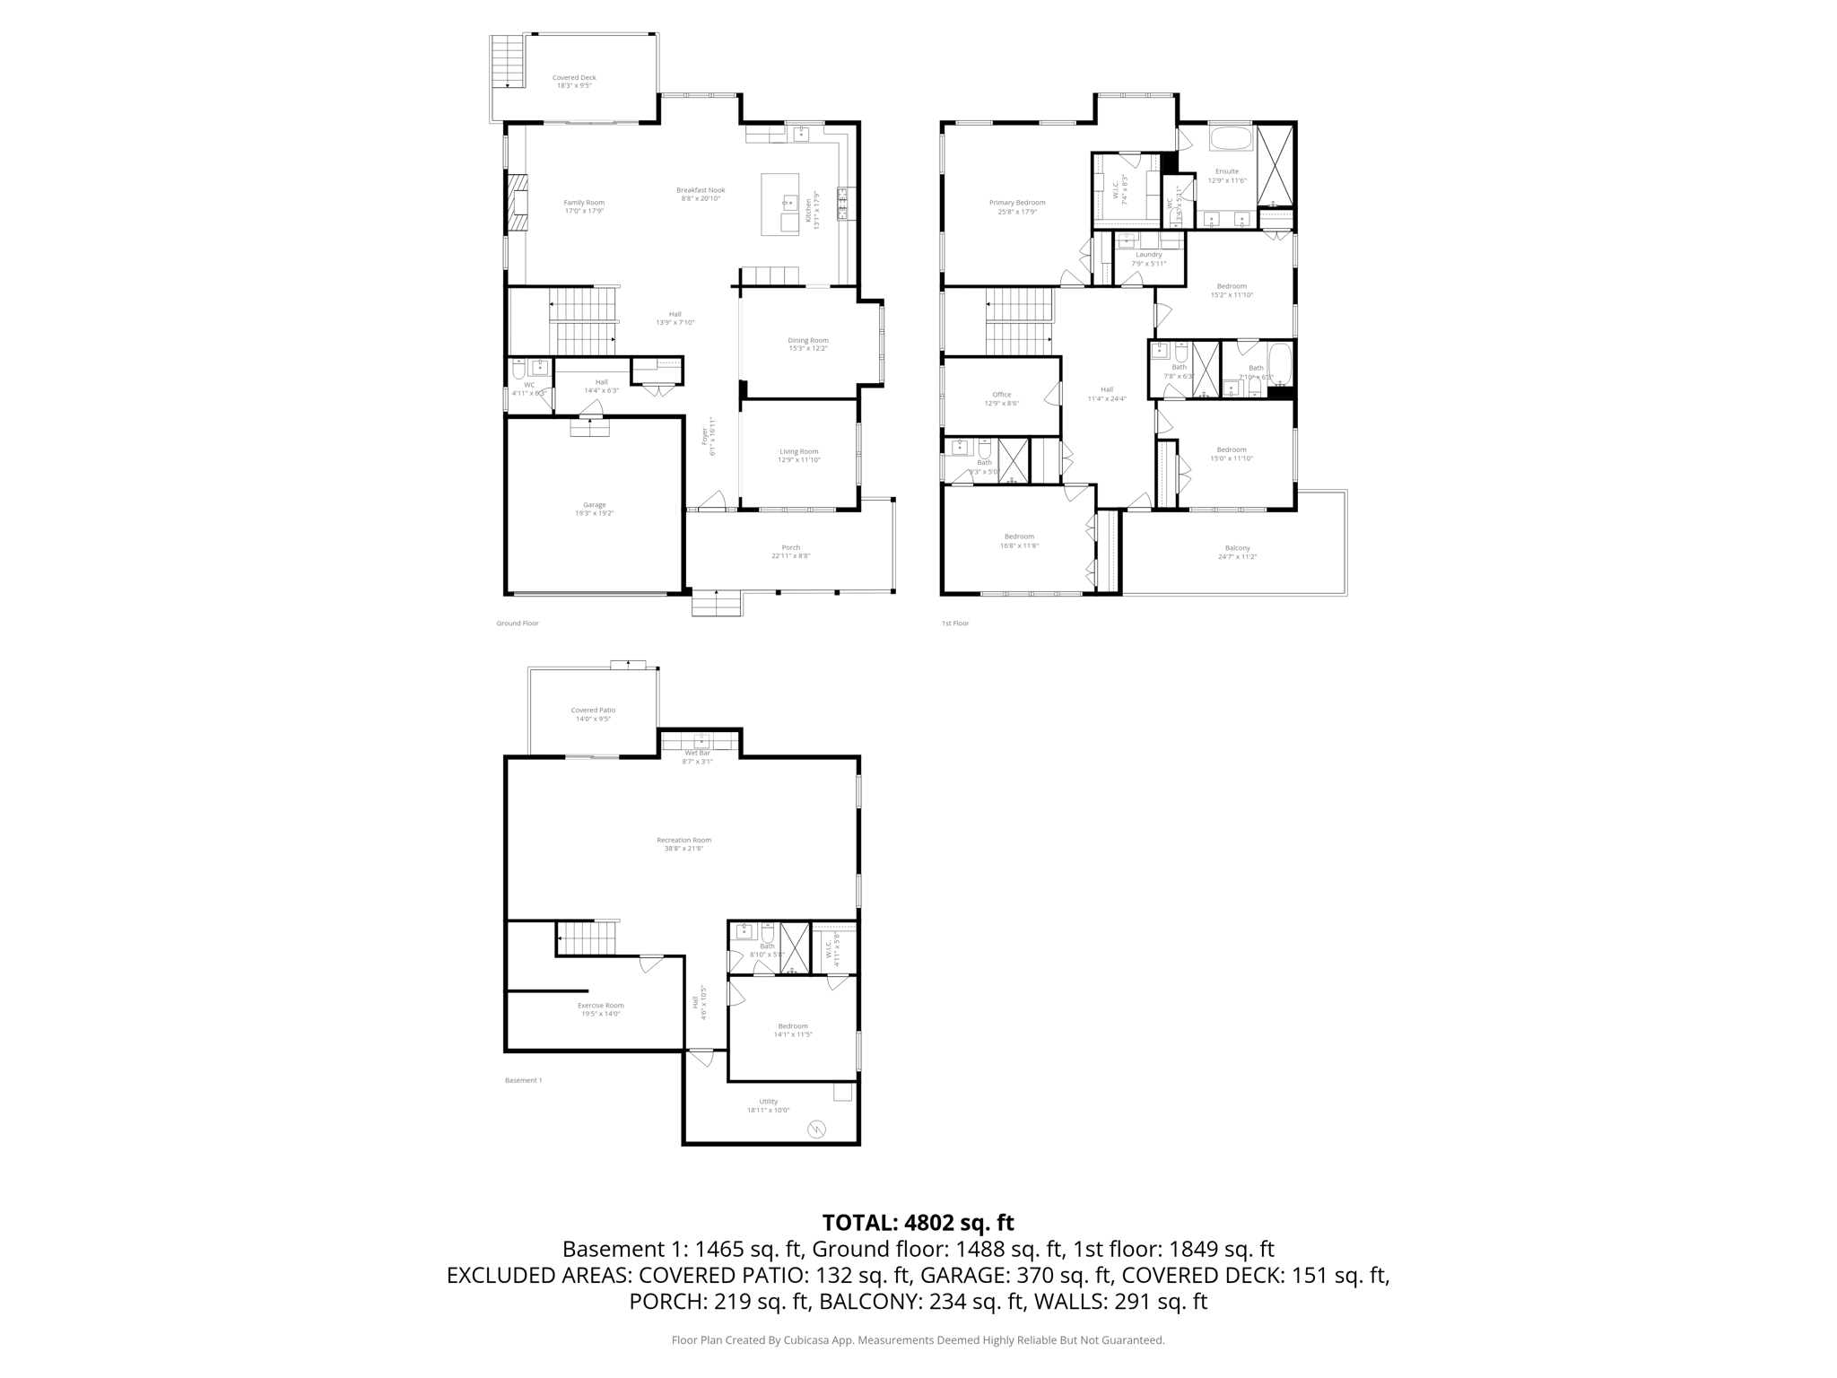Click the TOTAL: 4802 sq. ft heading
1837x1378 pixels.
point(918,1223)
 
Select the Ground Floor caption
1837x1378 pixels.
point(518,624)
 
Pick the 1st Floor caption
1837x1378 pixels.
point(955,624)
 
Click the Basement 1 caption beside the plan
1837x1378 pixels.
point(523,1080)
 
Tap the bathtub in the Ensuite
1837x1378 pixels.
point(1231,139)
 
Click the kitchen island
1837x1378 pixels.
point(779,205)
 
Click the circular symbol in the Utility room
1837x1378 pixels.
point(816,1129)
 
